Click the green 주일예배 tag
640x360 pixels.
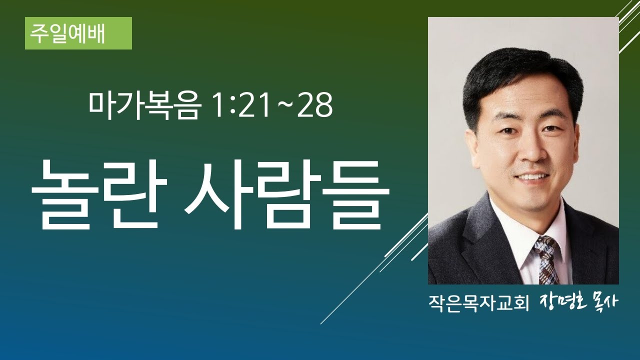pos(78,33)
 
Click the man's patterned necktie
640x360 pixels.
pos(546,260)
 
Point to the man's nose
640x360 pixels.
pos(529,150)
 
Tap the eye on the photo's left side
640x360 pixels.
pos(507,130)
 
